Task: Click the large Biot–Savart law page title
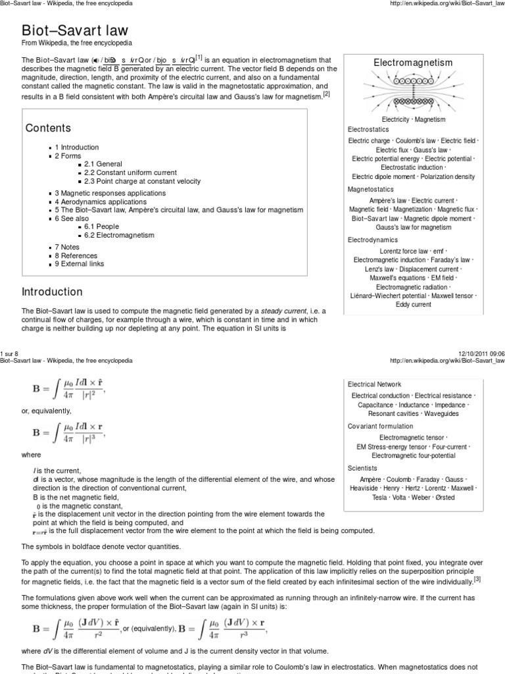click(76, 30)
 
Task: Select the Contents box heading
click(47, 128)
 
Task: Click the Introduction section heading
click(53, 292)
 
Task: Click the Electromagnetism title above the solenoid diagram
click(413, 63)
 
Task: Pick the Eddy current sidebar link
click(413, 305)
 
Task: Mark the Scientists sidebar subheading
click(363, 468)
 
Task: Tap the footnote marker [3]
click(477, 579)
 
